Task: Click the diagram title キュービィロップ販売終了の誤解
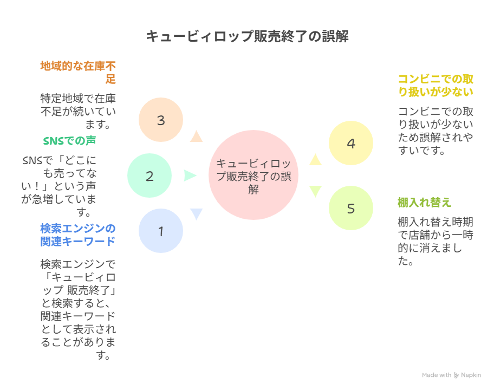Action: coord(247,36)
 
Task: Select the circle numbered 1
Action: coord(161,231)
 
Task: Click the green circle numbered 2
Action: coord(149,176)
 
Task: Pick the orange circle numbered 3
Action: coord(161,120)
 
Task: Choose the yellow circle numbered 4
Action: coord(351,144)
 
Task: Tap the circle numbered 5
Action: coord(351,209)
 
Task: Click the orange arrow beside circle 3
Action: coord(196,136)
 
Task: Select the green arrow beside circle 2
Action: coord(190,175)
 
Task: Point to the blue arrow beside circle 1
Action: coord(196,214)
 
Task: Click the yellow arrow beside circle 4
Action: coord(316,159)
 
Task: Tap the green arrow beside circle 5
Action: coord(316,192)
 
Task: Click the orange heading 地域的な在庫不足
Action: coord(79,73)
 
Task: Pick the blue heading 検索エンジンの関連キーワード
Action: coord(78,234)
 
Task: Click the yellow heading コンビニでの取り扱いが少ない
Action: coord(435,85)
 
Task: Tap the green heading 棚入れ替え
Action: coord(424,203)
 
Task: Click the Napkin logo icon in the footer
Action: coord(457,375)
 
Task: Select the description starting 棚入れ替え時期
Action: coord(435,242)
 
